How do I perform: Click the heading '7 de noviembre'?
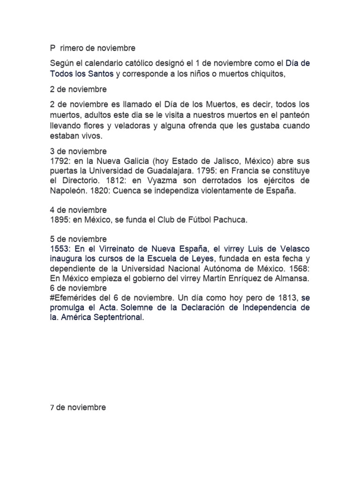(78, 407)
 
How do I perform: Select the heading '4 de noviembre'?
(78, 210)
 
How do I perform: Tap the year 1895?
(60, 219)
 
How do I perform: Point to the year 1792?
(60, 161)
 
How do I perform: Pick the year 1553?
(60, 249)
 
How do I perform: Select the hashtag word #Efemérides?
(73, 298)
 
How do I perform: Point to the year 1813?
(285, 298)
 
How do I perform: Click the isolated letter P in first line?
(52, 48)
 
